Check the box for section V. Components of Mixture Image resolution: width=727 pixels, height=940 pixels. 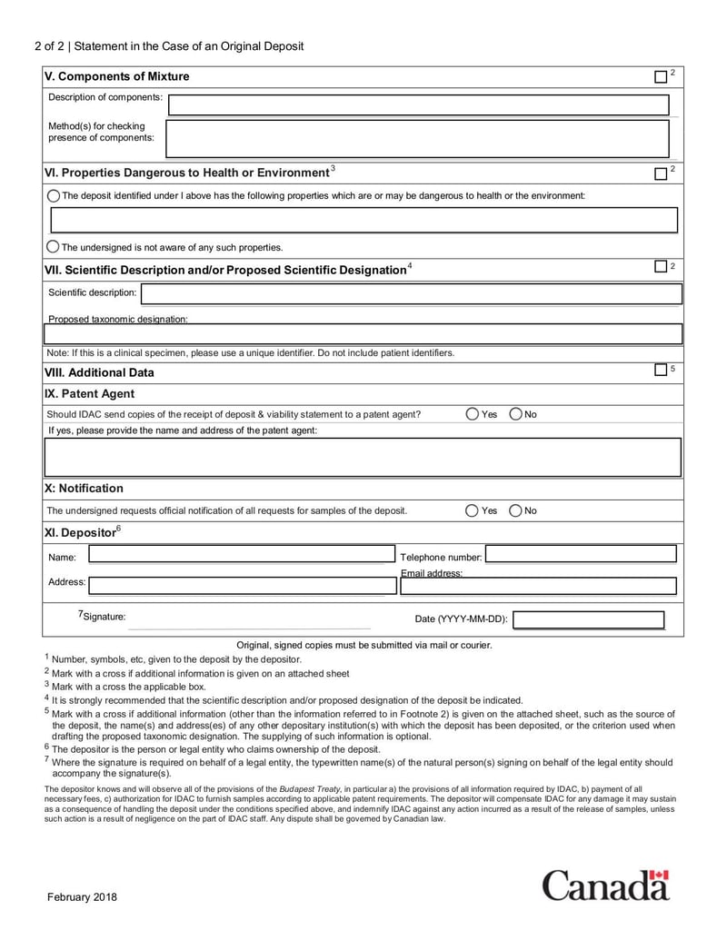661,76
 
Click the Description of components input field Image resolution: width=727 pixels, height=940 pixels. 419,105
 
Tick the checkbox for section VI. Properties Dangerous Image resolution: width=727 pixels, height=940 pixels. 661,173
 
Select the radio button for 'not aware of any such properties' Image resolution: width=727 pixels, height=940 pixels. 53,247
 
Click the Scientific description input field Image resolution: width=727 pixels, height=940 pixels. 411,293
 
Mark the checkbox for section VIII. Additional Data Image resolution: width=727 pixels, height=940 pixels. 661,371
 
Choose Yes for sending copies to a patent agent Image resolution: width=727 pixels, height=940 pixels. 472,414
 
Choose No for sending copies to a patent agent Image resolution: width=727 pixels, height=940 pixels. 515,414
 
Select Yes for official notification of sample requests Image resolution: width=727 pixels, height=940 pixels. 472,510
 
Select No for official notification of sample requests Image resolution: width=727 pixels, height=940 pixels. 515,510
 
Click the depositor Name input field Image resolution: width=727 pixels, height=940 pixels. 241,554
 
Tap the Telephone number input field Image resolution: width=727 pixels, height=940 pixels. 581,554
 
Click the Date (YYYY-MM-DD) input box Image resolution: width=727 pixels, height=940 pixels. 588,620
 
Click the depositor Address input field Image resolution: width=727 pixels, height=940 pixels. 242,586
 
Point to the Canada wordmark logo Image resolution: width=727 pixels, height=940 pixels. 606,885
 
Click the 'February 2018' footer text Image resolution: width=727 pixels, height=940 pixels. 83,897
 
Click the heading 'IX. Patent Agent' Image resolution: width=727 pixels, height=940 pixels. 89,394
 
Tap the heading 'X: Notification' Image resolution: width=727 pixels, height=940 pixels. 84,489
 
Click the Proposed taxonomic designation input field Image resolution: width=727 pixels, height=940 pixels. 363,334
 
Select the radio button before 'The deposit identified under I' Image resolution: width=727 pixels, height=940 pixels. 53,196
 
